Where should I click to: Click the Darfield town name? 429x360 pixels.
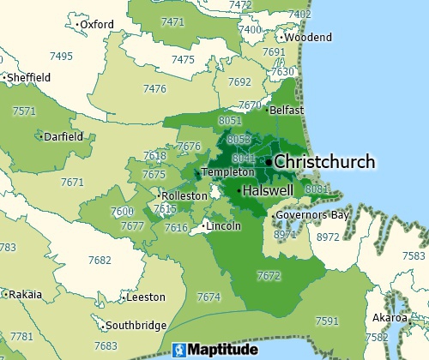point(63,136)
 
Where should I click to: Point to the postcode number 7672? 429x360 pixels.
point(269,275)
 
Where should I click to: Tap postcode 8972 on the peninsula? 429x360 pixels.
point(328,236)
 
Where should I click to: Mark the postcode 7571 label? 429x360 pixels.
point(25,111)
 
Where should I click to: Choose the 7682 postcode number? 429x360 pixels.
point(100,260)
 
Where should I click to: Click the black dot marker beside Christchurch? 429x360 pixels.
point(269,161)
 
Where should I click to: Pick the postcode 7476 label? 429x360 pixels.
point(154,89)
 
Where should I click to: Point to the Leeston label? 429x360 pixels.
point(145,297)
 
